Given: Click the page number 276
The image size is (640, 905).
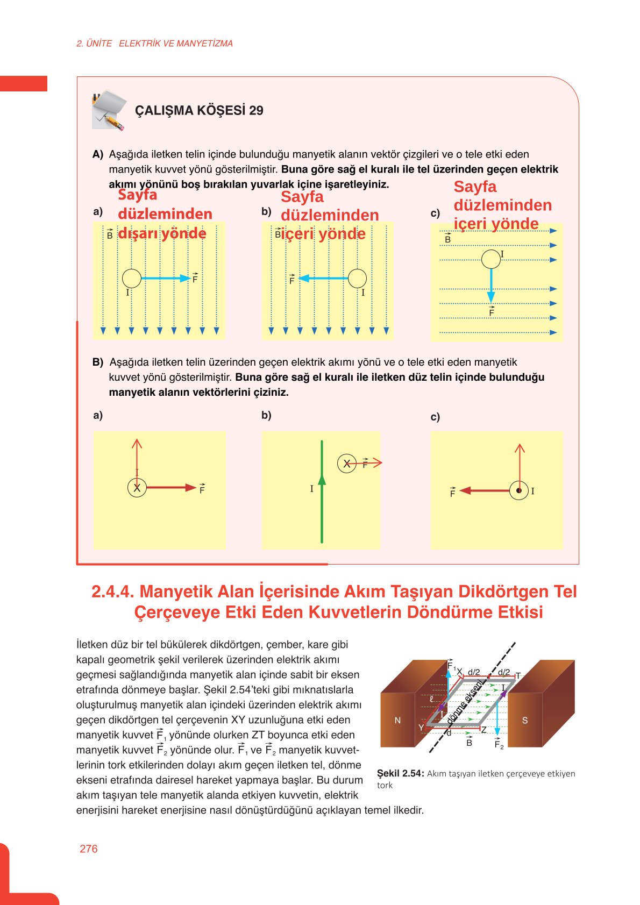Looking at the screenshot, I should (88, 849).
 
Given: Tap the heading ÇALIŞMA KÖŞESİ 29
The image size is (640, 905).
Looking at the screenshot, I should (199, 111).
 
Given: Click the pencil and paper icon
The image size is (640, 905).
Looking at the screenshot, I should (110, 110).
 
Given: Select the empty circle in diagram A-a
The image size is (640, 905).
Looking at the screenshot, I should (131, 278).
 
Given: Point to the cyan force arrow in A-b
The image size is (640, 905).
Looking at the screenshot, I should (323, 278).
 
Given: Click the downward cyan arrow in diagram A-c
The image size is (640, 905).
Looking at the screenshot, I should (490, 285).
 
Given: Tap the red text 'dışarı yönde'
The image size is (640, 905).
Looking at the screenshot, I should (162, 233).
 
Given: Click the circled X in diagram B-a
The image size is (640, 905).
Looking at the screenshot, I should (137, 488).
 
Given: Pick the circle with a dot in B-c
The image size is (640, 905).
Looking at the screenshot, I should (519, 490).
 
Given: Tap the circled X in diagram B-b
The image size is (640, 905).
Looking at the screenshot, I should (347, 463).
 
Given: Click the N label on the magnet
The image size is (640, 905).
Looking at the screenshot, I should (397, 721).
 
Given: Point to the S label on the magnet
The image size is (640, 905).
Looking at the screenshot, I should (525, 721).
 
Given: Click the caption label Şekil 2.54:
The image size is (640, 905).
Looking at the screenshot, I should (400, 773).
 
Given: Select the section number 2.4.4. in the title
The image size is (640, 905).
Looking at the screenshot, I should (112, 592).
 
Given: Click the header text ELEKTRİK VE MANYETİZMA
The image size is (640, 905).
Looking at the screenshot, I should (175, 44).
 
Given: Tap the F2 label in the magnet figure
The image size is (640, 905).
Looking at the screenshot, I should (499, 745).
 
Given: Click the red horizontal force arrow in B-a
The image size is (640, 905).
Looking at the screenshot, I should (170, 488).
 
